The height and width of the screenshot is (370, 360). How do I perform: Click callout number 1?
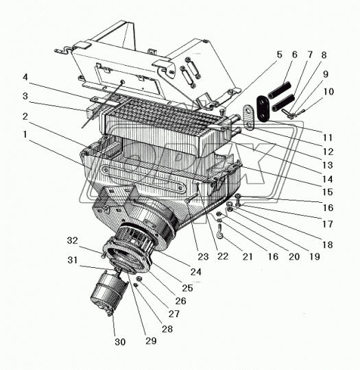coord(25,134)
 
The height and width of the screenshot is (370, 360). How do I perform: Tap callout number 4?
coord(25,77)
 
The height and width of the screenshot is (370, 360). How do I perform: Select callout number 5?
coord(280,55)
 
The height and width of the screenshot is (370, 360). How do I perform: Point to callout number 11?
coord(327,137)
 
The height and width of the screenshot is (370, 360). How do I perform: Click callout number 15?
coord(327,192)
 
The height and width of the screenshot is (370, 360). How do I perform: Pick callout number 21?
coord(248,256)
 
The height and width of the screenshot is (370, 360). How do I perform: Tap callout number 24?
coord(196,272)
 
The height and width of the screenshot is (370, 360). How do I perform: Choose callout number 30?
coord(120,342)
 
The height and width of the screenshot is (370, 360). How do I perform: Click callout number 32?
coord(72,241)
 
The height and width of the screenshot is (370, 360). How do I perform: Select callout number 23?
coord(203,256)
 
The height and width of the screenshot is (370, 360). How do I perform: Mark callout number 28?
coord(167,329)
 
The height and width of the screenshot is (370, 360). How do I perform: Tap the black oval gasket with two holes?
coord(263,108)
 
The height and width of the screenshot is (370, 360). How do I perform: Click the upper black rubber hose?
coord(279,90)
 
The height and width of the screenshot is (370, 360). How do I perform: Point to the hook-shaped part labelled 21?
coord(220,232)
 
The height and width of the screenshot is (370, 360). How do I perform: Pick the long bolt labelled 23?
coord(193,198)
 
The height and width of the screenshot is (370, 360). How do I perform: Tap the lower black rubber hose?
coord(283,103)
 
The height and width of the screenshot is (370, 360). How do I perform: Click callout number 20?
coord(294,256)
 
